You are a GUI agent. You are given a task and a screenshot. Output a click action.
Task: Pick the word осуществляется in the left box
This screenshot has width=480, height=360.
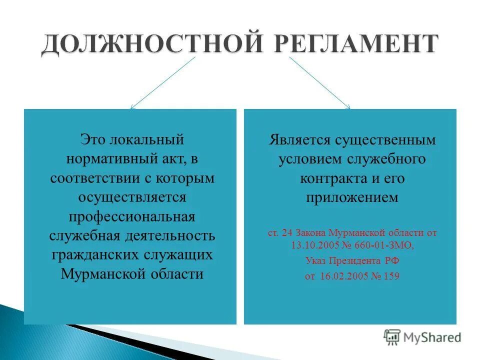(132, 196)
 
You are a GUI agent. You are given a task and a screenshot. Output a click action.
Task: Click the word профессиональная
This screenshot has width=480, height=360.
(132, 216)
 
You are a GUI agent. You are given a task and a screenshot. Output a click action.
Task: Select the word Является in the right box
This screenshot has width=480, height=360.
(293, 139)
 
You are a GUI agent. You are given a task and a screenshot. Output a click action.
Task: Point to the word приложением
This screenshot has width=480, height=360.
(352, 197)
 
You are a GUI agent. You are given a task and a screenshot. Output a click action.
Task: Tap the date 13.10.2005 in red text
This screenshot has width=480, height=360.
(313, 245)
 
